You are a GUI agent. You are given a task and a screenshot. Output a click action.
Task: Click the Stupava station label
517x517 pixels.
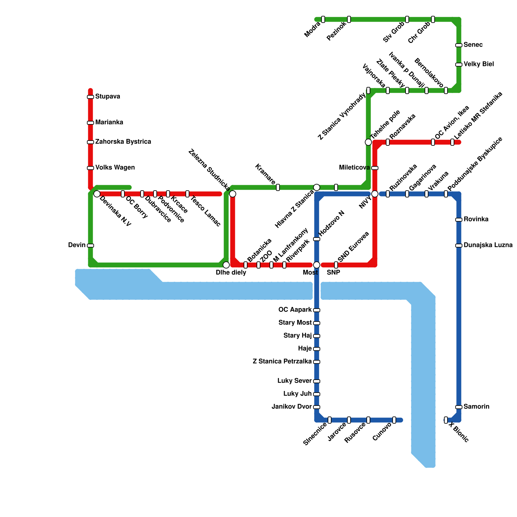(108, 97)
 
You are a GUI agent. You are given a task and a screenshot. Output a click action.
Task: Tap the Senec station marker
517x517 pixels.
(459, 45)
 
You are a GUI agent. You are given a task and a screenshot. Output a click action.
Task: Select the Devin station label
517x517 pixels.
(77, 245)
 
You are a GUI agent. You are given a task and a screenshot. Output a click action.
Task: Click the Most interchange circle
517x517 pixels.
(317, 265)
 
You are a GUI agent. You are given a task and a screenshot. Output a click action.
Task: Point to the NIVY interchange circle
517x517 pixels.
(375, 194)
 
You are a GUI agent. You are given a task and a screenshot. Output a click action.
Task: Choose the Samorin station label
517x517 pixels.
(476, 407)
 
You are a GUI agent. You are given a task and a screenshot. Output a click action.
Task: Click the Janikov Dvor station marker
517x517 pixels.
(317, 407)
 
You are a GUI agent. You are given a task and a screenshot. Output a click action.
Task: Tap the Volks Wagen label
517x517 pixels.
(115, 168)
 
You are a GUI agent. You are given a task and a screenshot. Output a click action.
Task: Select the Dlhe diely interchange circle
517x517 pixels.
(226, 265)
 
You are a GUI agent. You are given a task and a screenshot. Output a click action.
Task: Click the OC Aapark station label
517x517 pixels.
(295, 310)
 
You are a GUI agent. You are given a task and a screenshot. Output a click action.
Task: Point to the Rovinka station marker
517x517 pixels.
(459, 220)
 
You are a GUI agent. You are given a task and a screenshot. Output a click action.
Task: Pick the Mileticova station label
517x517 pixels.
(354, 168)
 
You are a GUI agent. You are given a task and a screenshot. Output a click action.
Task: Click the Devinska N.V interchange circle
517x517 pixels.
(97, 194)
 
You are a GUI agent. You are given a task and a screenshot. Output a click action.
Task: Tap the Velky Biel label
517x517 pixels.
(479, 64)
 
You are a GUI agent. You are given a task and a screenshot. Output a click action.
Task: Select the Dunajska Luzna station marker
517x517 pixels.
(459, 246)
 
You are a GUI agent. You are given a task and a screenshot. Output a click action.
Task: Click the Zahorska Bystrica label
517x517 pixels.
(123, 142)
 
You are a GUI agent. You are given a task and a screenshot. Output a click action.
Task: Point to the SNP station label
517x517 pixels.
(333, 273)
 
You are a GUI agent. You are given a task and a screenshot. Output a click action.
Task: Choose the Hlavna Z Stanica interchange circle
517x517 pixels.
(317, 187)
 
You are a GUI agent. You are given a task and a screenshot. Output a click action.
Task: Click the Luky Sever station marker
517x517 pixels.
(317, 381)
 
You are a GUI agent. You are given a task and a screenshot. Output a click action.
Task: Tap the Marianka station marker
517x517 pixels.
(90, 123)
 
